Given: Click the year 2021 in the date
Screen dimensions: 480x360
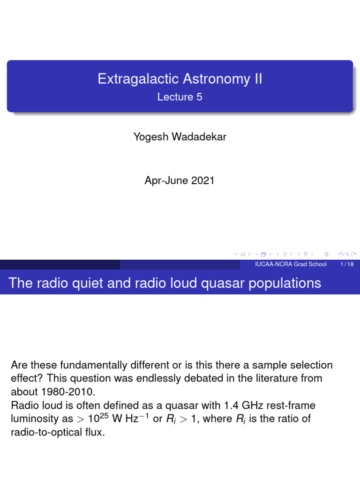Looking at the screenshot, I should point(202,180).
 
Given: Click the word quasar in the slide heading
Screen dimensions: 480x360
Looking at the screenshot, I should point(224,284).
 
